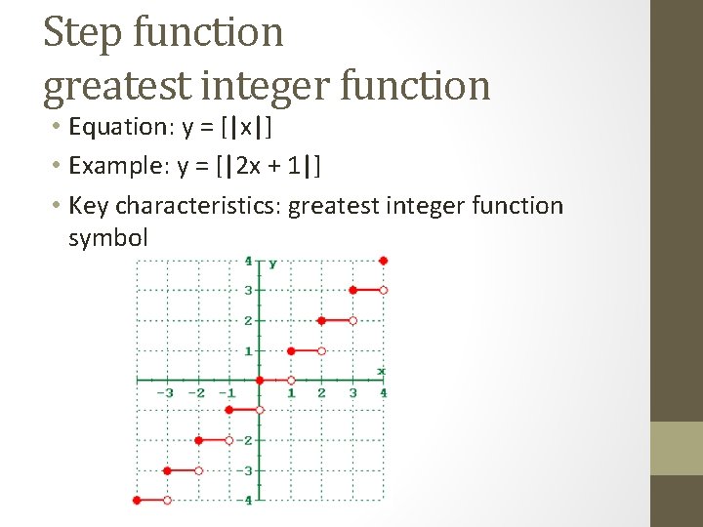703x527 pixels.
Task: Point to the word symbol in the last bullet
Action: [107, 237]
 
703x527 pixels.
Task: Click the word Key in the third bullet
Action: [89, 206]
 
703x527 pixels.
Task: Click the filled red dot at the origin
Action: [260, 380]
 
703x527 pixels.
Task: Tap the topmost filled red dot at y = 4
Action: [384, 261]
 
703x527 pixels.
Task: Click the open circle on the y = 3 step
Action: [384, 290]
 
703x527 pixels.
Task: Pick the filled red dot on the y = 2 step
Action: [321, 320]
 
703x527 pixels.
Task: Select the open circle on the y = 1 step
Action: [321, 350]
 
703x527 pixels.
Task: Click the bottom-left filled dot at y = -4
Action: [137, 500]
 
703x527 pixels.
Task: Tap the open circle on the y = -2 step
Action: [228, 440]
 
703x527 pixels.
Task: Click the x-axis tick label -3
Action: [165, 393]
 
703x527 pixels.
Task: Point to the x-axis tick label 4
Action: [383, 393]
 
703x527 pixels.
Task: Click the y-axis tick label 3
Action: [248, 291]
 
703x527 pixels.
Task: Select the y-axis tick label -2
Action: [245, 441]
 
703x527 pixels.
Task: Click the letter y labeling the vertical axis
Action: [272, 263]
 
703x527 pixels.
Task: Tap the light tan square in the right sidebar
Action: [676, 448]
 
